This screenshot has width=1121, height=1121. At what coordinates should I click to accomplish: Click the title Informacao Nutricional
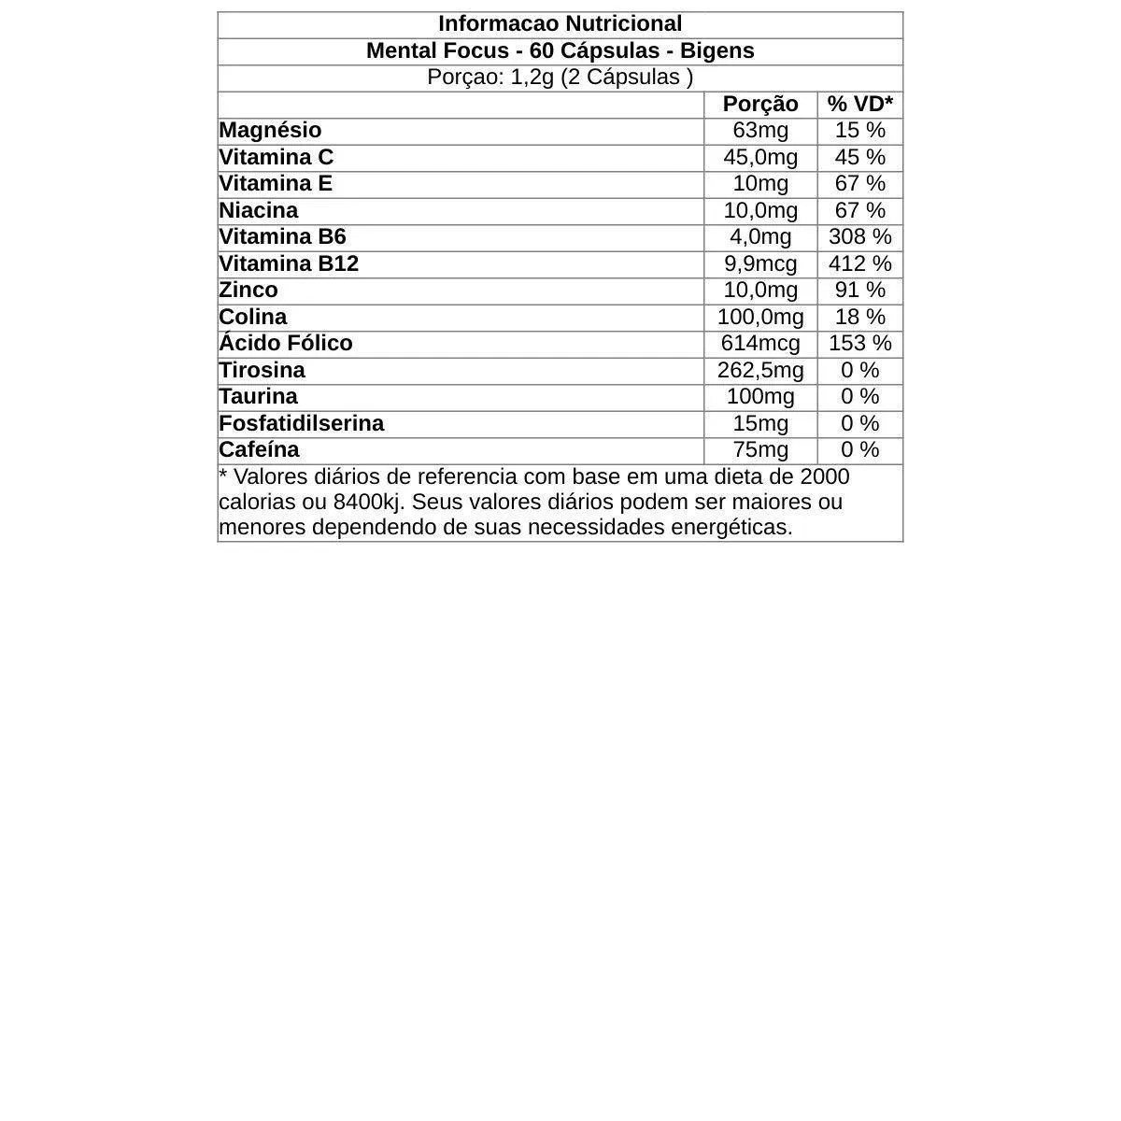(x=560, y=24)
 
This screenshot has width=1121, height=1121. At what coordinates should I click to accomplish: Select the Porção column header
(x=760, y=104)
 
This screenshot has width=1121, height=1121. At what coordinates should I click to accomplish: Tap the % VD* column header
(x=859, y=104)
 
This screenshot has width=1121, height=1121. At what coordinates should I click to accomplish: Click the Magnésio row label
(x=270, y=131)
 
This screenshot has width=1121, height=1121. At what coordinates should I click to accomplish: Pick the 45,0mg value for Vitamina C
(x=760, y=157)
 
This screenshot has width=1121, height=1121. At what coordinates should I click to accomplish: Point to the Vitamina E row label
(x=276, y=184)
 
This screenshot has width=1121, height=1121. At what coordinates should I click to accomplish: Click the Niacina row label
(x=259, y=211)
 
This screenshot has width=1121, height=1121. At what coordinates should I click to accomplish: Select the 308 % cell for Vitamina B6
(x=859, y=237)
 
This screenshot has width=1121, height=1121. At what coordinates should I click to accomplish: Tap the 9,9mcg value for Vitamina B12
(x=760, y=264)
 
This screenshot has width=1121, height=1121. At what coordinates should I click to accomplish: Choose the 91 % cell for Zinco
(x=859, y=291)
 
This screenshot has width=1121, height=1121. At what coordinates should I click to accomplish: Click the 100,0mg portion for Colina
(x=760, y=318)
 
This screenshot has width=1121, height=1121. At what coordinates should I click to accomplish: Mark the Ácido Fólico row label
(x=286, y=344)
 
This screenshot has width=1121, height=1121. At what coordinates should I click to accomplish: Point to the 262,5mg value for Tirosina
(x=760, y=371)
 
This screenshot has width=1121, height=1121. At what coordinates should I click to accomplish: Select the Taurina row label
(x=259, y=397)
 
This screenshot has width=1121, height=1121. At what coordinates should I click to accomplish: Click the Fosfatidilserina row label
(x=302, y=424)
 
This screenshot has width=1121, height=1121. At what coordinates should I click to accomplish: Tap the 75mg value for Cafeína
(x=760, y=450)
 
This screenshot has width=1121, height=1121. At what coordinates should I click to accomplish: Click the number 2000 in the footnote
(x=825, y=477)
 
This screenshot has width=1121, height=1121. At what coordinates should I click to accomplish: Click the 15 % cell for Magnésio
(x=859, y=131)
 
